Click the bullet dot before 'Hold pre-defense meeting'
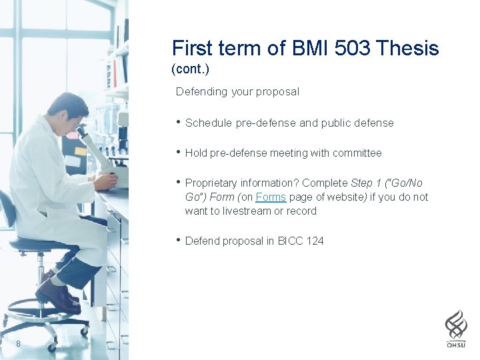point(178,152)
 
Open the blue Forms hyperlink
point(271,197)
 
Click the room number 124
point(315,241)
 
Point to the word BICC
point(290,241)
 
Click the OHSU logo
point(456,329)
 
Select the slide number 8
point(19,344)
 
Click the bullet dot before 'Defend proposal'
point(178,240)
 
